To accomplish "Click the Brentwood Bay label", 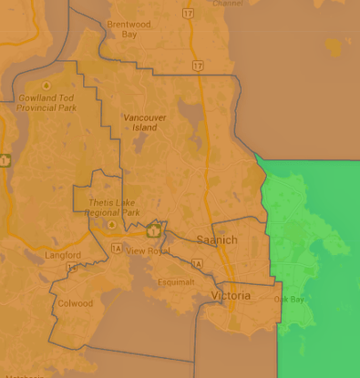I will [x=129, y=29].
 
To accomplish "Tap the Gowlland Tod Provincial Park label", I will [x=45, y=102].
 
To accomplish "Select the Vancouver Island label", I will [x=140, y=123].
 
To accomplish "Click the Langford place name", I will [x=63, y=255].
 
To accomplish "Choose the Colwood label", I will [x=75, y=303].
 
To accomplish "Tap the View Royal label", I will [x=148, y=250].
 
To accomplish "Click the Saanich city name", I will [x=217, y=240].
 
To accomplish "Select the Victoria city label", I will [x=230, y=296].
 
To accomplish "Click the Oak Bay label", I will [x=289, y=299].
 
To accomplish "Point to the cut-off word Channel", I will [x=228, y=4].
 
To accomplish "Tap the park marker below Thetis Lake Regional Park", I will [x=112, y=224].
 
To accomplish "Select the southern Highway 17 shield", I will [x=198, y=66].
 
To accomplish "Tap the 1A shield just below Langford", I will [x=72, y=267].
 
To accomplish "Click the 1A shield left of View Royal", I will [x=116, y=247].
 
